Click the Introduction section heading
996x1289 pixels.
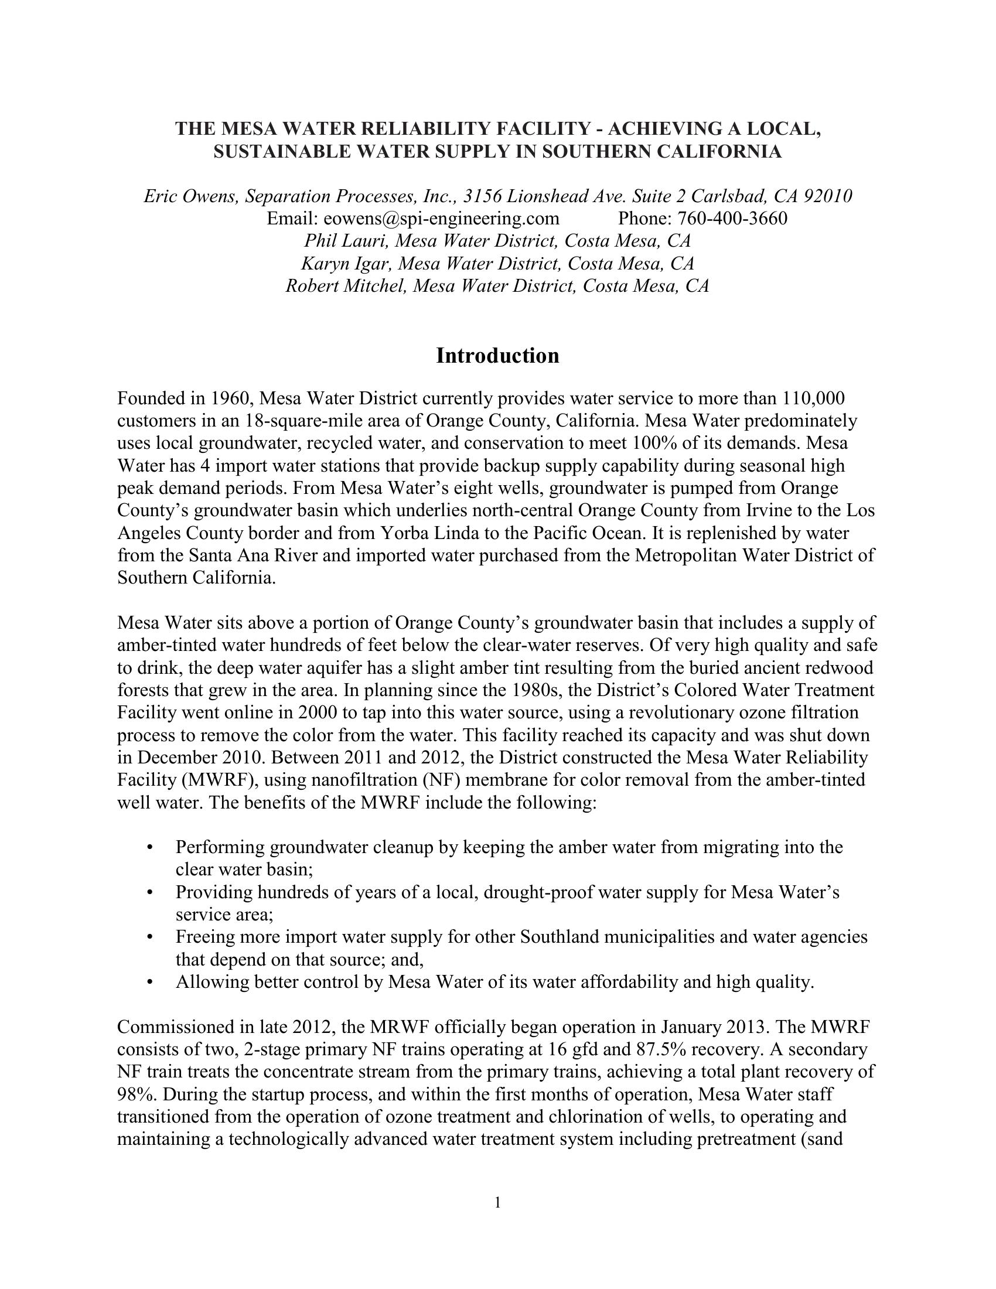[x=497, y=356]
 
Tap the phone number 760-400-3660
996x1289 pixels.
[x=732, y=219]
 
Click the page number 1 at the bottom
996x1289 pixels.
[x=497, y=1202]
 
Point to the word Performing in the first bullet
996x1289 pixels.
[x=220, y=847]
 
